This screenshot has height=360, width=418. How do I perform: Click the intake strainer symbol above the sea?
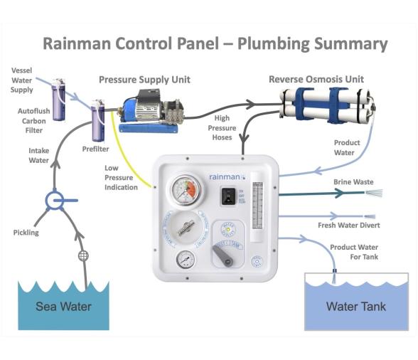point(82,255)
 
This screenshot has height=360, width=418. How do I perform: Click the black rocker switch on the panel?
point(228,196)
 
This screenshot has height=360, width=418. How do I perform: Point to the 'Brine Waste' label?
point(353,182)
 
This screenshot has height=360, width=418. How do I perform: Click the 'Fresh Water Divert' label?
point(349,226)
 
